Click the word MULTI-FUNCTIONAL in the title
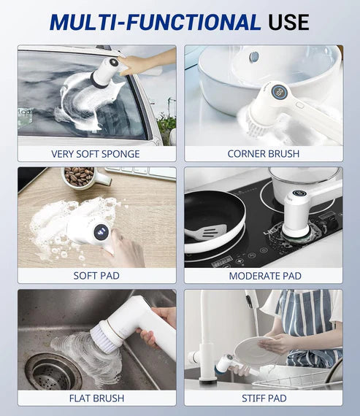(x=154, y=22)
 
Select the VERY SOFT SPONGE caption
(x=96, y=154)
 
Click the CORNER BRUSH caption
(x=263, y=154)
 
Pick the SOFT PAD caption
(x=96, y=276)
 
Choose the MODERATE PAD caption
(x=263, y=276)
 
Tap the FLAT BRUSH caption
(x=96, y=398)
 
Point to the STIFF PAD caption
(x=263, y=398)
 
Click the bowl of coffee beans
(x=79, y=176)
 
